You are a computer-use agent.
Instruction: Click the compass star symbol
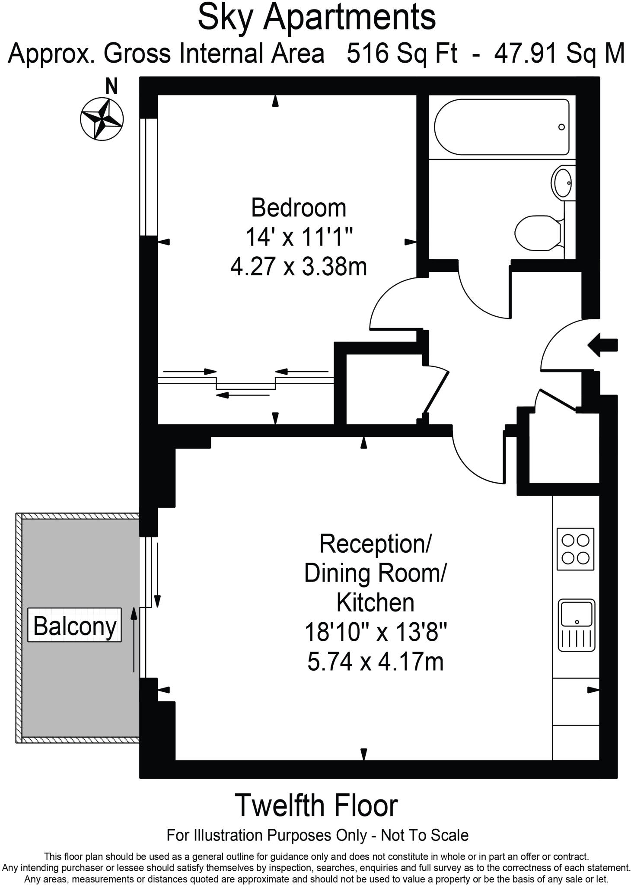coord(102,118)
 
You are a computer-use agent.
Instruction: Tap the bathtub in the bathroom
coord(501,127)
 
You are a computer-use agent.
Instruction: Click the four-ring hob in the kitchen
coord(575,549)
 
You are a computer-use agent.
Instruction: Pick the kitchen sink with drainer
coord(576,625)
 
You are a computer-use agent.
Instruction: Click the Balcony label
coord(75,625)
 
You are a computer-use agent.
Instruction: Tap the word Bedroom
coord(299,208)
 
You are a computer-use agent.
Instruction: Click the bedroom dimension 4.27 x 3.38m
coord(299,266)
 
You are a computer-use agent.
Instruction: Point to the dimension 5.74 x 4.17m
coord(375,662)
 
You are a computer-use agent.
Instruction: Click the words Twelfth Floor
coord(316,806)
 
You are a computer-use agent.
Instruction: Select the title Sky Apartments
coord(316,17)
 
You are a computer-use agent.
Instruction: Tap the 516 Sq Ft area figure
coord(402,54)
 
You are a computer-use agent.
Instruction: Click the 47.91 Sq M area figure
coord(560,54)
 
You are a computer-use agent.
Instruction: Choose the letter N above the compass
coord(112,86)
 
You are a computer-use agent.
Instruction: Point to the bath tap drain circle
coord(561,127)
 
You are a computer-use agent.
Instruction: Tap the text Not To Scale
coord(424,835)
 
